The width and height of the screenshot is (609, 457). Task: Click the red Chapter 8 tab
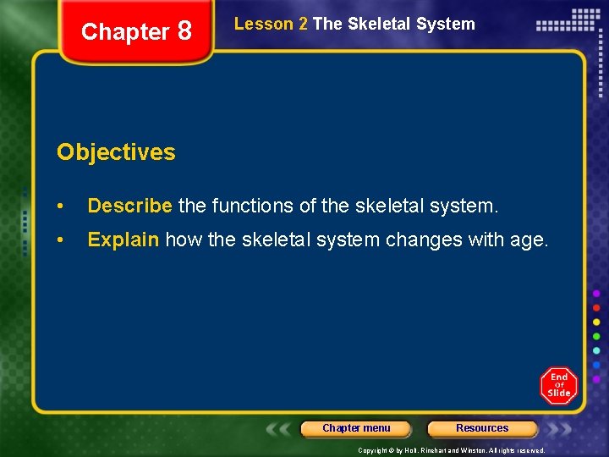136,32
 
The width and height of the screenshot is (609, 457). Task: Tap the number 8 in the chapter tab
184,31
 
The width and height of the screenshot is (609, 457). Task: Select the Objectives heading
116,152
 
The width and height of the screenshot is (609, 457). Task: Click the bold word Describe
130,206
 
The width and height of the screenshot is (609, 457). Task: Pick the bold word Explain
123,240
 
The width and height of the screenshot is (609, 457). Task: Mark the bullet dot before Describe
62,206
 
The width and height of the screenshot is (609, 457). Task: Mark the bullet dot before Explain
62,240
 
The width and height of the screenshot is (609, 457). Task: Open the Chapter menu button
356,428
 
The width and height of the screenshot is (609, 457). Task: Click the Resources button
482,428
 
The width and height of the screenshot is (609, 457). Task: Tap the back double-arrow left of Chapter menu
280,429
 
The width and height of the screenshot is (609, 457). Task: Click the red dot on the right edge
597,307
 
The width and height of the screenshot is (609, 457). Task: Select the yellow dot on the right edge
597,322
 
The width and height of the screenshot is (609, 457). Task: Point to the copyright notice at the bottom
451,450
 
